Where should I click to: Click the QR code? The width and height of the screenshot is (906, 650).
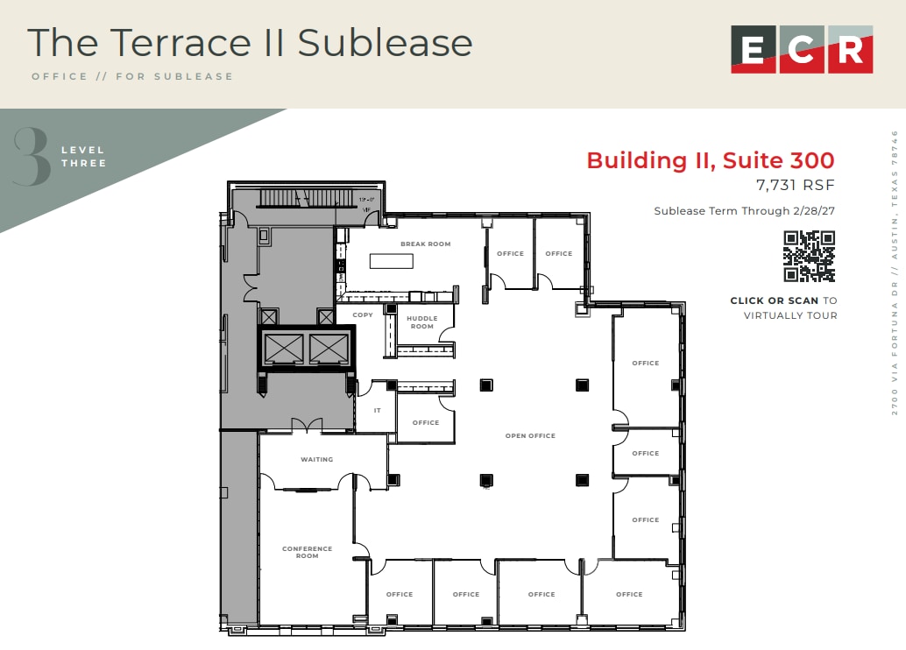pyautogui.click(x=809, y=256)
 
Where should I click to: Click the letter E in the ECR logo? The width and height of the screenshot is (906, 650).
pyautogui.click(x=753, y=49)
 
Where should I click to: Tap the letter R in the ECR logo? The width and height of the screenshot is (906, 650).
pyautogui.click(x=849, y=49)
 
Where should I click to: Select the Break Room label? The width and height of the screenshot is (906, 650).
pyautogui.click(x=425, y=244)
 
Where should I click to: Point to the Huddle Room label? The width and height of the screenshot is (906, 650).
pyautogui.click(x=421, y=321)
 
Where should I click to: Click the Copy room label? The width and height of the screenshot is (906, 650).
pyautogui.click(x=362, y=314)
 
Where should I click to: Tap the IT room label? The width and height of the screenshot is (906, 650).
pyautogui.click(x=378, y=410)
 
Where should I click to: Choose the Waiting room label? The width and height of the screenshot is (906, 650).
pyautogui.click(x=316, y=459)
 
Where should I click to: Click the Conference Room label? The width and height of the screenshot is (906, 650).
pyautogui.click(x=307, y=552)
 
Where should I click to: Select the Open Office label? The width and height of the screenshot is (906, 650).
pyautogui.click(x=530, y=435)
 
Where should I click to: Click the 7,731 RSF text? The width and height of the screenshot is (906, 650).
pyautogui.click(x=795, y=185)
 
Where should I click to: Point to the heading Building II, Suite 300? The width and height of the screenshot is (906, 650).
pyautogui.click(x=710, y=160)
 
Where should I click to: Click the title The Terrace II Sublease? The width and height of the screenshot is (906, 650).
pyautogui.click(x=250, y=42)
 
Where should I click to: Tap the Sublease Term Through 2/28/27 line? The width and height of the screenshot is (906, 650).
pyautogui.click(x=744, y=211)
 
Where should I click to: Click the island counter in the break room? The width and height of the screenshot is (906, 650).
pyautogui.click(x=391, y=261)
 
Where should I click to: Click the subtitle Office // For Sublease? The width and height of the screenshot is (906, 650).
pyautogui.click(x=132, y=76)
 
